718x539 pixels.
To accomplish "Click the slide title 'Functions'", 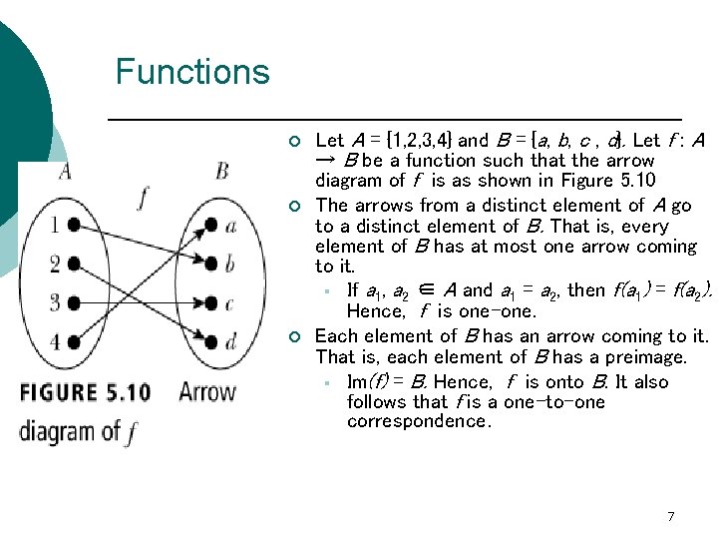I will [192, 72].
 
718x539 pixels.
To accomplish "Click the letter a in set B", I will [231, 227].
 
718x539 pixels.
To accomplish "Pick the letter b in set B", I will [231, 265].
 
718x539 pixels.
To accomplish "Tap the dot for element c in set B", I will [211, 303].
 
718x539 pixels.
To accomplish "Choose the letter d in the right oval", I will [231, 342].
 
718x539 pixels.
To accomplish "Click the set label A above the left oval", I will [65, 171].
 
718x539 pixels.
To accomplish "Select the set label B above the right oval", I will [221, 171].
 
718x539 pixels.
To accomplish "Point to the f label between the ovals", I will [144, 195].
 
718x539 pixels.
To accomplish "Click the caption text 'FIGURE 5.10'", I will [86, 391].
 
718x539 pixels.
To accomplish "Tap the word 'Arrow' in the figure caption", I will [207, 391].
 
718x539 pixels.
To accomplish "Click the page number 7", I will [670, 516].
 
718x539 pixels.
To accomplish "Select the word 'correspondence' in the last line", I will [419, 421].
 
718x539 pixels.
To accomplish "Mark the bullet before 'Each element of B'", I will [296, 337].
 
